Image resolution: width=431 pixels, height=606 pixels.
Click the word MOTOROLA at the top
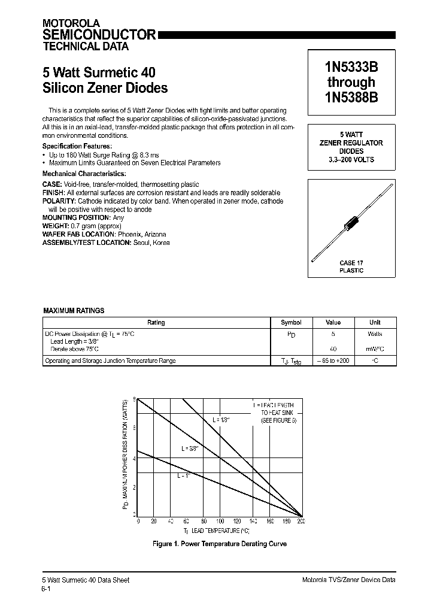[66, 23]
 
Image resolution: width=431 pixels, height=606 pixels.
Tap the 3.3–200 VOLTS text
[351, 160]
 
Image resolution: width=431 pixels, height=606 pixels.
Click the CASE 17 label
[351, 263]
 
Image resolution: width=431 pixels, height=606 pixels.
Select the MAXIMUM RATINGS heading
[74, 311]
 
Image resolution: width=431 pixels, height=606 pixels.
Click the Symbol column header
[291, 322]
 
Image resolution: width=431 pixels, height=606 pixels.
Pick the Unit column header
[375, 322]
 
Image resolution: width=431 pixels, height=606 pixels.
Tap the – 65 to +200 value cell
[333, 360]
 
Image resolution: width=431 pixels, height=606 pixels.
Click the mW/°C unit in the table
[375, 349]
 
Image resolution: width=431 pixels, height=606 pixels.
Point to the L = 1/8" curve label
[221, 420]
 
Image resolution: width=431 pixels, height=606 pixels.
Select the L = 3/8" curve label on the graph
[189, 448]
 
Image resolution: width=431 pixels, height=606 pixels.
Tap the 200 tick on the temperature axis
[301, 522]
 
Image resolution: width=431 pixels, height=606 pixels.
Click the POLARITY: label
[59, 201]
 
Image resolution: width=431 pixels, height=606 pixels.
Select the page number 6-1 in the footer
[46, 589]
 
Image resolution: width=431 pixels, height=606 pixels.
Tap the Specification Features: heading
[77, 146]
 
